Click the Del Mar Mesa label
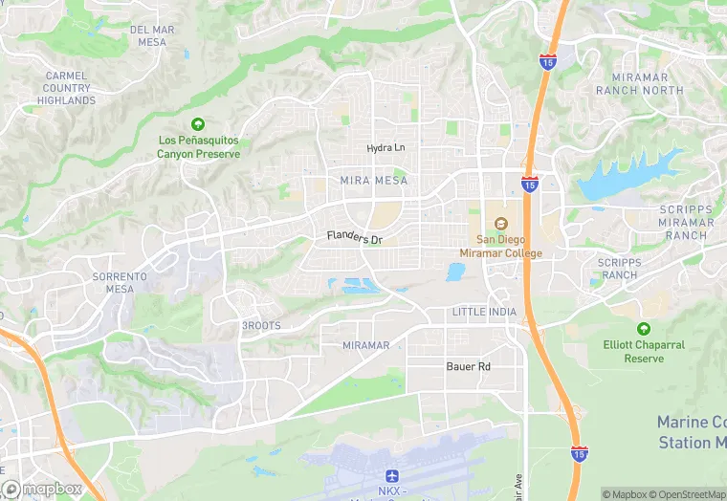pos(152,35)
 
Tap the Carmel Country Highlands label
pos(67,88)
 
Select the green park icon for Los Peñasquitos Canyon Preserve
pos(198,124)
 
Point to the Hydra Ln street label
pos(386,148)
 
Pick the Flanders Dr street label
pos(354,237)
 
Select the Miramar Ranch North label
pos(640,84)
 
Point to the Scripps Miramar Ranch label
pos(686,222)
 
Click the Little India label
pos(484,313)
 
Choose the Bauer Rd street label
pos(468,366)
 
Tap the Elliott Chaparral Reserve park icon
pos(644,329)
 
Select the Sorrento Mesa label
pos(121,282)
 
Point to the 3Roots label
pos(260,326)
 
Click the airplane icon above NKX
pos(390,475)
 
